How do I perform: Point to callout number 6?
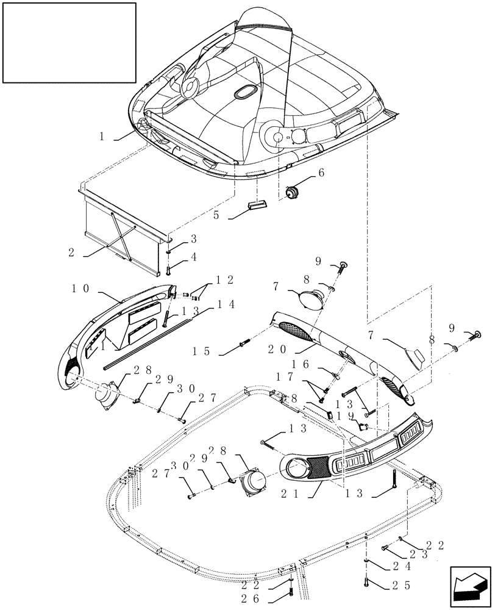pyautogui.click(x=321, y=173)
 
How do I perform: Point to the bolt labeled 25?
pyautogui.click(x=366, y=581)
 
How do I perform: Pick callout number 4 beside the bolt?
pyautogui.click(x=194, y=257)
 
